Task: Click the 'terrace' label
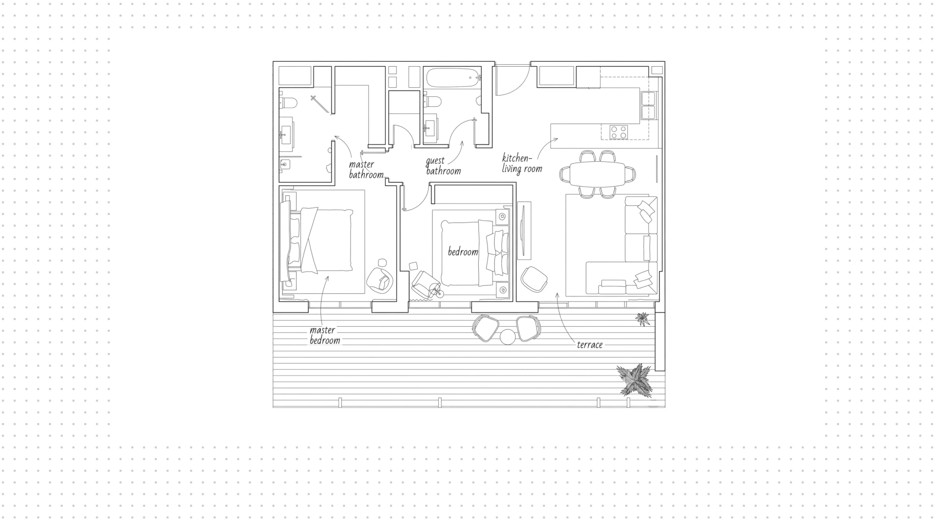pos(590,345)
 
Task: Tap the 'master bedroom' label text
pos(325,335)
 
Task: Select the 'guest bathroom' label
pos(443,166)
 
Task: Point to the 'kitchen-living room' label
pos(522,164)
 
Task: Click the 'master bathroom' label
pos(366,169)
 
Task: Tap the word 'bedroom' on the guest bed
pos(463,252)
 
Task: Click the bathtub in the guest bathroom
pos(453,77)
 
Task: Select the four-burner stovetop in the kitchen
pos(618,132)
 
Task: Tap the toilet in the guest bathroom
pos(433,102)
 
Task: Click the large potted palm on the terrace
pos(634,379)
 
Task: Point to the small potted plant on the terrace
pos(643,319)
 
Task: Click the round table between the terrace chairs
pos(507,337)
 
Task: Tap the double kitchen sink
pos(649,106)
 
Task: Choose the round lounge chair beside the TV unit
pos(534,279)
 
